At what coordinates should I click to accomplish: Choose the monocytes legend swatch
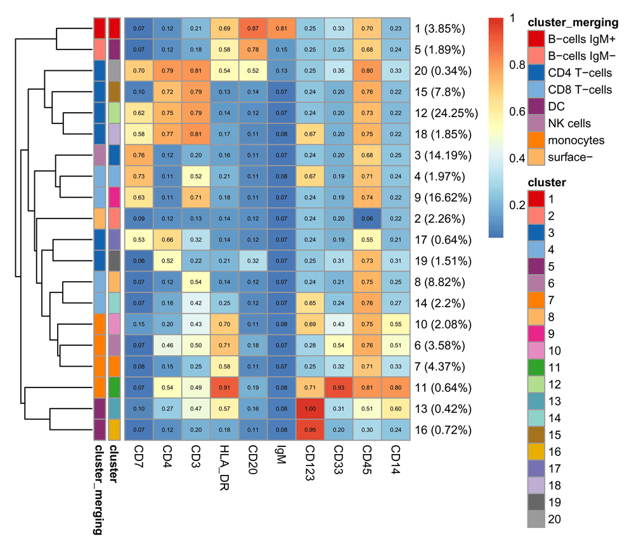(536, 140)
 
